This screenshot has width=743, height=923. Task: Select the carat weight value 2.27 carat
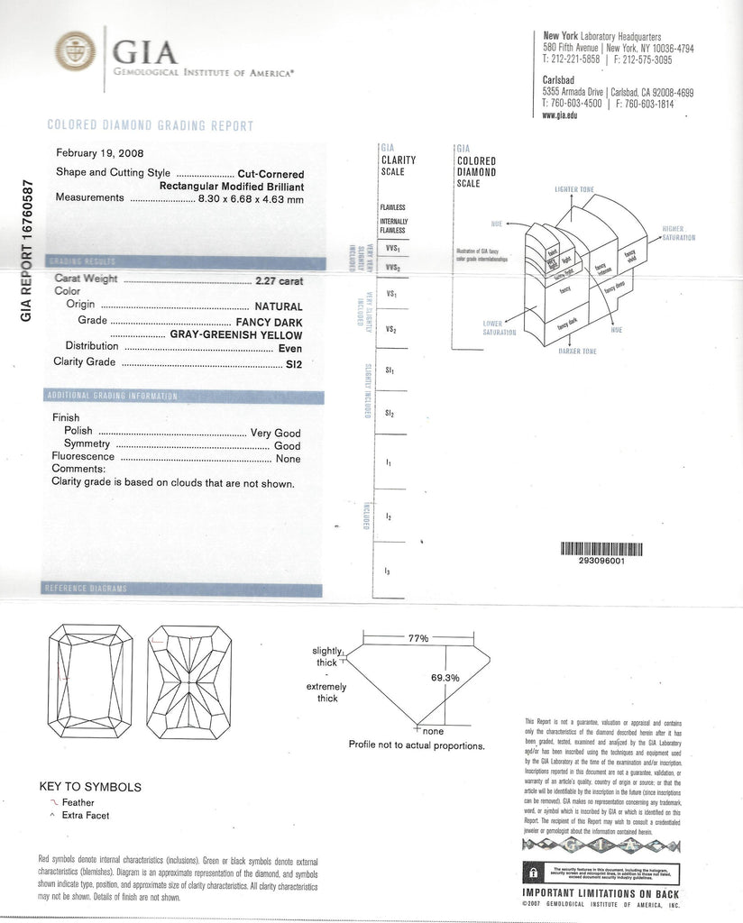coord(280,280)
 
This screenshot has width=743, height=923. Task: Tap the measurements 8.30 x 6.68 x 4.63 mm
coord(251,197)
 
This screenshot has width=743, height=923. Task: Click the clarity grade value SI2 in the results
coord(293,363)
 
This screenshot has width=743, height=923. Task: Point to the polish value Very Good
coord(275,433)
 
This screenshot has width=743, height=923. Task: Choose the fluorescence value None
coord(289,459)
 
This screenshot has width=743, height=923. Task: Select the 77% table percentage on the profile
coord(417,638)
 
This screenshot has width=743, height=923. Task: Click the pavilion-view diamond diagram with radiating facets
coord(188,681)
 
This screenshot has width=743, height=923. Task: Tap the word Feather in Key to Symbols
coord(78,802)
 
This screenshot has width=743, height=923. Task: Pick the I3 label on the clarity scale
coord(388,571)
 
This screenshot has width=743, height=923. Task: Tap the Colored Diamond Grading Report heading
coord(150,126)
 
